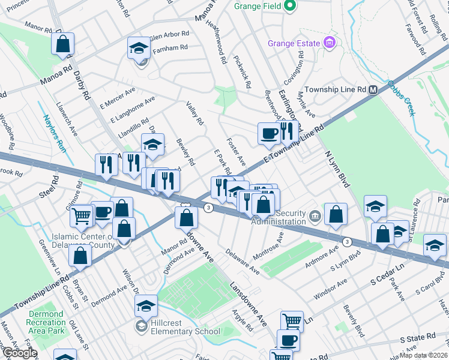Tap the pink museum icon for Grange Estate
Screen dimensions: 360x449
click(328, 43)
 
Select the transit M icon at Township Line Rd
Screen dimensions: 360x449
click(373, 89)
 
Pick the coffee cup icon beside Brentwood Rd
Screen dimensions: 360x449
click(268, 133)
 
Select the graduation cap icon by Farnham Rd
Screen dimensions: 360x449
click(139, 49)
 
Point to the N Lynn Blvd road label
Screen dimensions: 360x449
click(336, 169)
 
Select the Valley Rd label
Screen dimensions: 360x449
click(195, 113)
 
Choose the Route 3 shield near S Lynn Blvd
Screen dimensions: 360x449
click(347, 241)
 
